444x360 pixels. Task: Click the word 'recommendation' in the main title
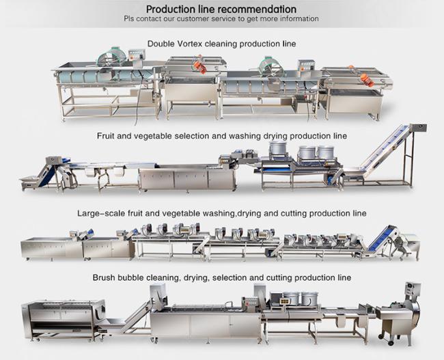[x=257, y=9]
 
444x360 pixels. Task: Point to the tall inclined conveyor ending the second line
[x=383, y=154]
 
